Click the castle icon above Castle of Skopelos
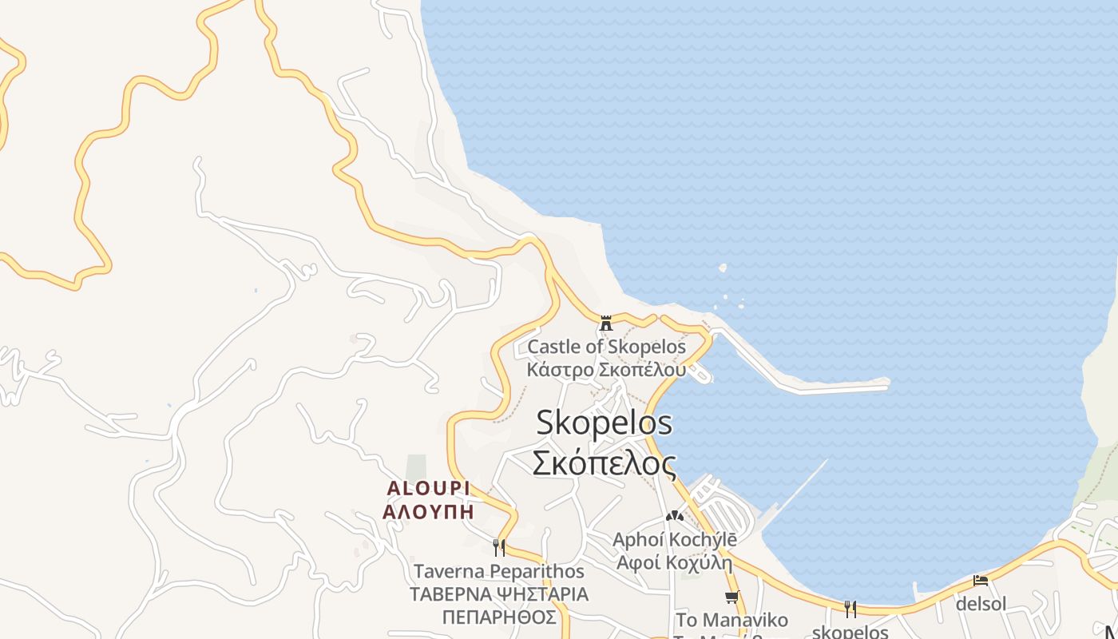coord(606,323)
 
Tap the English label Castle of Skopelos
coord(606,347)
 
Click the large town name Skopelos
coord(604,423)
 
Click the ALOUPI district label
coord(428,488)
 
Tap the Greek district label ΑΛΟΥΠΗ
coord(428,511)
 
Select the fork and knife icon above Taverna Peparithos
coord(499,547)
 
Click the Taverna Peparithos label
coord(499,571)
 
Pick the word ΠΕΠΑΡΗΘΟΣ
coord(499,617)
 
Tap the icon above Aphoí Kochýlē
coord(675,516)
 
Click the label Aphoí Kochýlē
coord(675,539)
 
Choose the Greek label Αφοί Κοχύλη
coord(675,562)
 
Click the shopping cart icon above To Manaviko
coord(731,597)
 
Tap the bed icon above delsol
coord(981,581)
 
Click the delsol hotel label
coord(981,604)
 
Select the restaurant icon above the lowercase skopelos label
coord(850,609)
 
